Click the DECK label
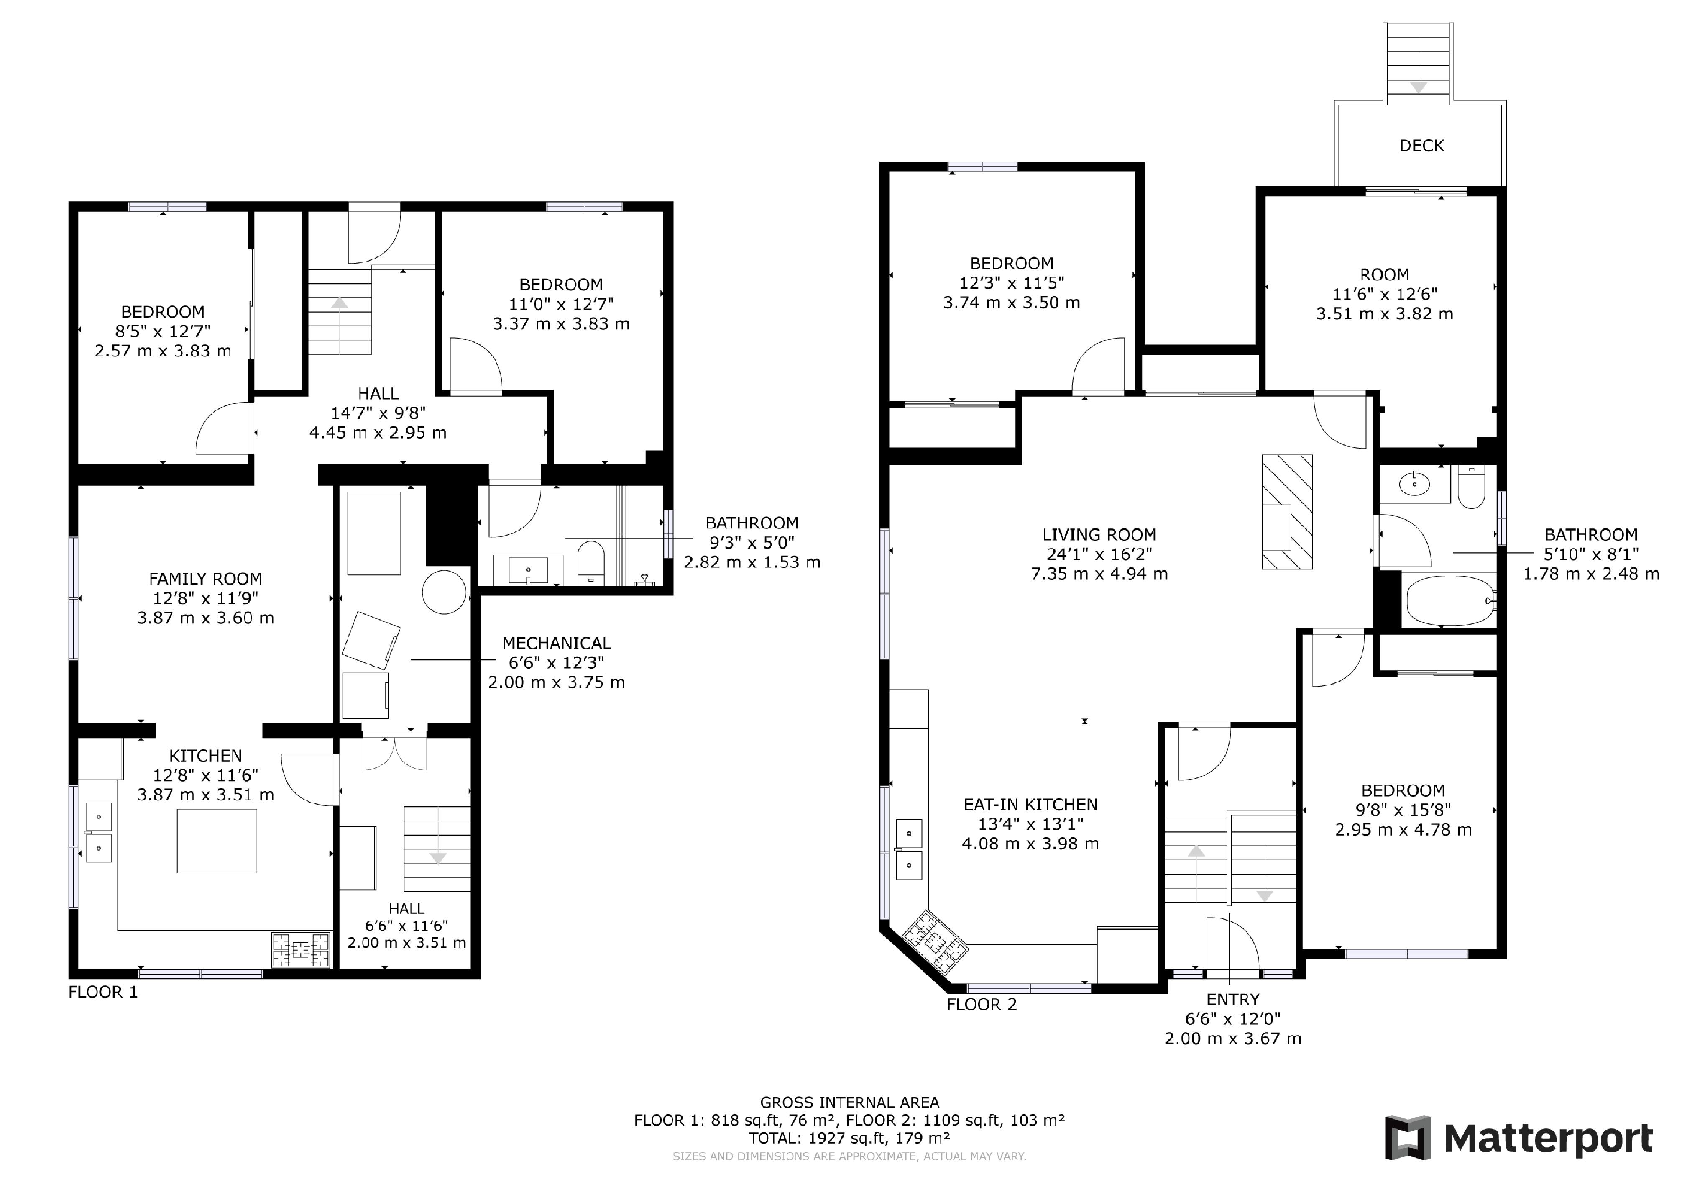tap(1421, 146)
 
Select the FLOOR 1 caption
tap(102, 992)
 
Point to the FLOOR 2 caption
tap(982, 1005)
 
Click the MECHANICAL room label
tap(556, 644)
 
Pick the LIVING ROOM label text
tap(1099, 535)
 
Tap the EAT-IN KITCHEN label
tap(1030, 805)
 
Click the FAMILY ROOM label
tap(205, 579)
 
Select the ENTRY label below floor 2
tap(1233, 1000)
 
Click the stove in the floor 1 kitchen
tap(301, 950)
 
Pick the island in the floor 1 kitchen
tap(217, 841)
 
